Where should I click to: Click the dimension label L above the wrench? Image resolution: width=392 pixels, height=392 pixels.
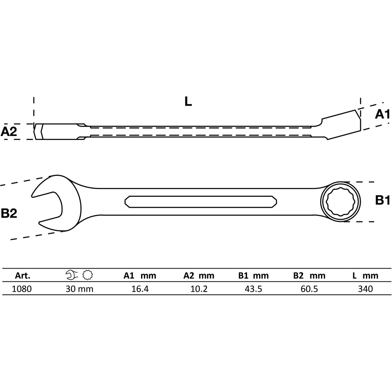(x=188, y=101)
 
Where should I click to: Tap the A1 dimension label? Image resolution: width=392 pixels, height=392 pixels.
(x=382, y=114)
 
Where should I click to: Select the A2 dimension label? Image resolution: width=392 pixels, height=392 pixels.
(x=9, y=131)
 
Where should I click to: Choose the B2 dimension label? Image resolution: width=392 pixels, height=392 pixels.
(x=9, y=214)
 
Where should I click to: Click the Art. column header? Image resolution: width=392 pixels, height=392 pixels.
(x=22, y=276)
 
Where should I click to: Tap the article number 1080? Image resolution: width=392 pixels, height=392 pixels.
(x=22, y=289)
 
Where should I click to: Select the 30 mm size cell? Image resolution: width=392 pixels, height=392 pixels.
(x=79, y=289)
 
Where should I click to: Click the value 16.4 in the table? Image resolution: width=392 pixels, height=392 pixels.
(x=140, y=289)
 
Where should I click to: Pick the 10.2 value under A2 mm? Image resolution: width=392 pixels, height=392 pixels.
(x=199, y=289)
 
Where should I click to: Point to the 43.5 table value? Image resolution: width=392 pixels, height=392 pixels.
(x=254, y=289)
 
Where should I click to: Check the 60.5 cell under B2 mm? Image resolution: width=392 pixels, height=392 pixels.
(x=310, y=289)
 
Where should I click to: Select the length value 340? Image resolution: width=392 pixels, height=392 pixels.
(x=365, y=289)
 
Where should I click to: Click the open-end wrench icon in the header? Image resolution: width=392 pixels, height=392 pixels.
(x=72, y=275)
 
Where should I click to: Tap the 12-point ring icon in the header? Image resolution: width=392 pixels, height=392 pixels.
(x=87, y=275)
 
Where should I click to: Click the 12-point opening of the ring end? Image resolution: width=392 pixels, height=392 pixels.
(x=340, y=202)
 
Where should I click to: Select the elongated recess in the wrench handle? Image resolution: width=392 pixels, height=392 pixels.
(x=201, y=202)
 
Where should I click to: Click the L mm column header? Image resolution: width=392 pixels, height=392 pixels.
(x=365, y=276)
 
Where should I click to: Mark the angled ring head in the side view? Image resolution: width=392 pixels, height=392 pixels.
(x=341, y=125)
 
